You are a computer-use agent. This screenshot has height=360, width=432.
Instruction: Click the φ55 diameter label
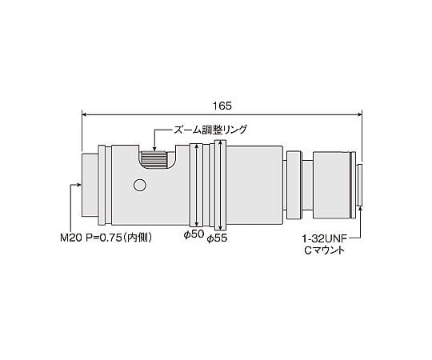tap(218, 238)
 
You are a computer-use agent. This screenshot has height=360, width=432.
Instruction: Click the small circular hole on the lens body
tap(141, 186)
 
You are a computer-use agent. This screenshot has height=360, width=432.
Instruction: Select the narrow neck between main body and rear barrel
tap(294, 185)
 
